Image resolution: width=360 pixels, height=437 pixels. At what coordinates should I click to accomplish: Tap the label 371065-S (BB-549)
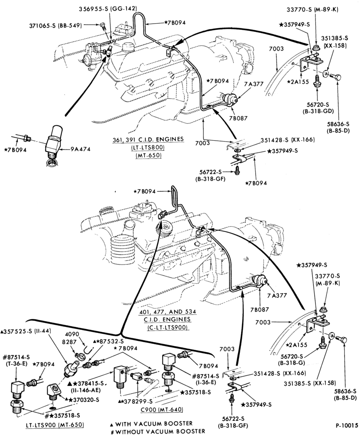tap(56, 25)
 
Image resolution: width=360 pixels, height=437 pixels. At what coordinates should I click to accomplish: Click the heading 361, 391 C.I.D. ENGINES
tap(148, 139)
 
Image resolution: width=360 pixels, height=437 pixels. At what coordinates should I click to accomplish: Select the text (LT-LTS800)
tap(148, 147)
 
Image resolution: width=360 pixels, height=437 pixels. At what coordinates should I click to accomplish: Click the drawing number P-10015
tap(346, 426)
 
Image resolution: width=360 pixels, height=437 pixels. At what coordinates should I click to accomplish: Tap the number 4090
tap(72, 334)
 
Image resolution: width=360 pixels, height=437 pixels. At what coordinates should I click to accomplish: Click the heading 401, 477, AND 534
tap(167, 312)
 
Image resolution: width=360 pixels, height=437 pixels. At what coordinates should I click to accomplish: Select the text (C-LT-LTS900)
tap(167, 327)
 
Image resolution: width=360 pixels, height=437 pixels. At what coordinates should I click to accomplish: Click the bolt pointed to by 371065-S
tap(102, 26)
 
